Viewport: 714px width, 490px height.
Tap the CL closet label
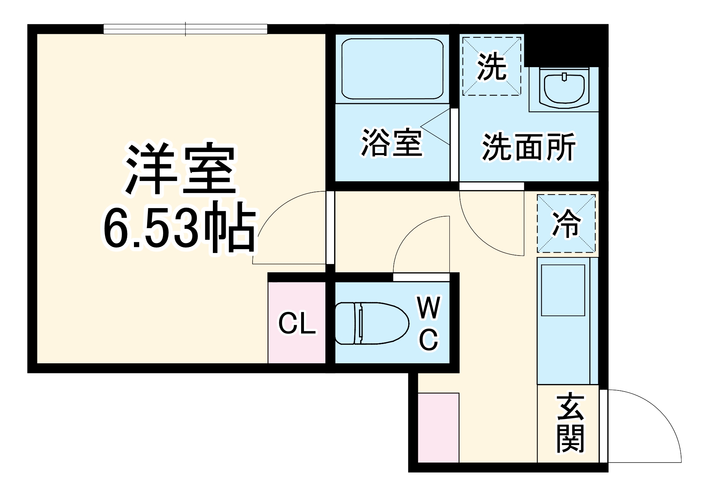pos(297,324)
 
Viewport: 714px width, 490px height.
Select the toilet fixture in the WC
pos(371,323)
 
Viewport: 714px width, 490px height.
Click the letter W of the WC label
pos(429,308)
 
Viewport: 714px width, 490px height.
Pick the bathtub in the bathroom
pos(392,69)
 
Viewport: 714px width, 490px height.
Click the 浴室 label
pos(392,142)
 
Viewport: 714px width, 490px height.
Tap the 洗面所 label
pos(529,147)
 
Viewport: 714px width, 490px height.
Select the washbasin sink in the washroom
pos(564,89)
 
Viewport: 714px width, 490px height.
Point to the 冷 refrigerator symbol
pos(566,223)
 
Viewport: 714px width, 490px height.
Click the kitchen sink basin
pos(563,290)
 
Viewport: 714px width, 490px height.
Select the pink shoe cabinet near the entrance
pos(438,428)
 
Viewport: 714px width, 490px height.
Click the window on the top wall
pos(185,29)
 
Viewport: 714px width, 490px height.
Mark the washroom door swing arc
pos(479,236)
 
